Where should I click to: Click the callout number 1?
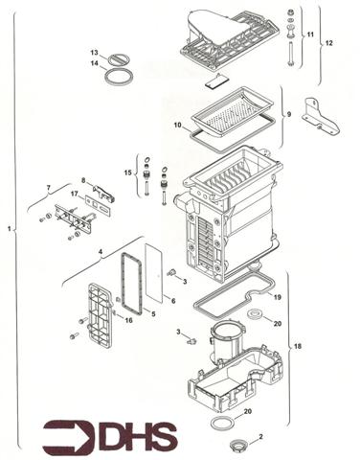coord(10,230)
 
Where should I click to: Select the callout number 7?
coord(48,187)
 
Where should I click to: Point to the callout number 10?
coord(177,126)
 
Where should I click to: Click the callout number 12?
coord(328,44)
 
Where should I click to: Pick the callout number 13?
coord(95,52)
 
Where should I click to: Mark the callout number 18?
coord(298,344)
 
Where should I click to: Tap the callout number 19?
coord(276,298)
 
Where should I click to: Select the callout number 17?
coord(74,194)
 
